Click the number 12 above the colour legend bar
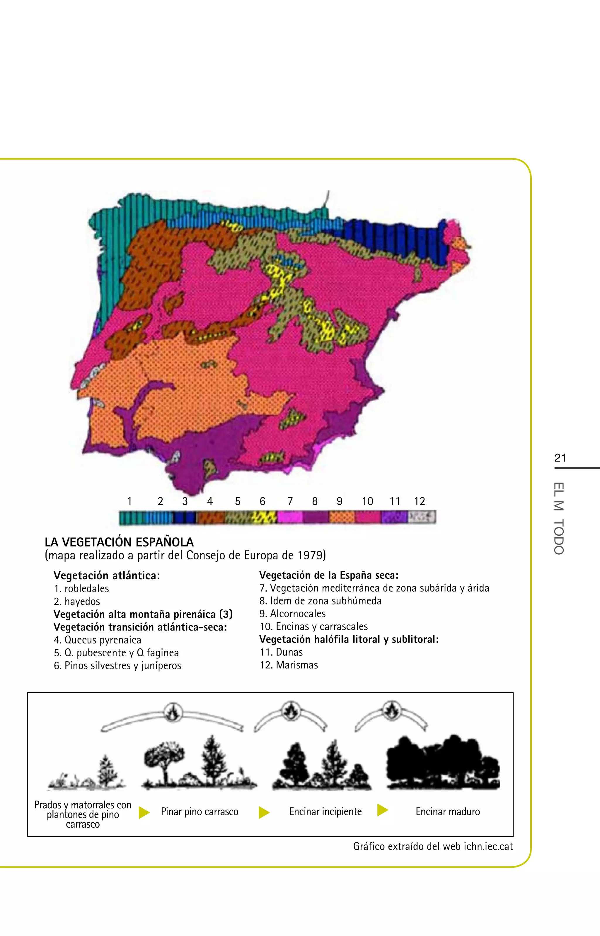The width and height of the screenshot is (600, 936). pyautogui.click(x=419, y=501)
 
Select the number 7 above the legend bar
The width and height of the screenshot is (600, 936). pyautogui.click(x=290, y=501)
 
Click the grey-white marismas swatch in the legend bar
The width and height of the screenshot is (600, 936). pyautogui.click(x=422, y=517)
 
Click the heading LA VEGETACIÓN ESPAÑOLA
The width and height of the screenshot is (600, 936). pyautogui.click(x=119, y=542)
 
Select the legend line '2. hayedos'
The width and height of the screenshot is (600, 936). pyautogui.click(x=77, y=602)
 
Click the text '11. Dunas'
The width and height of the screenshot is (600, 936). pyautogui.click(x=281, y=652)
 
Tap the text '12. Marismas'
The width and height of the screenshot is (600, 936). pyautogui.click(x=289, y=665)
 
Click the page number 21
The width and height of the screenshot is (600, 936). pyautogui.click(x=560, y=458)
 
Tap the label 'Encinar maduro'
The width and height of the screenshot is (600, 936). pyautogui.click(x=448, y=812)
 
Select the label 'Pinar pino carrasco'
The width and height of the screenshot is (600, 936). pyautogui.click(x=200, y=812)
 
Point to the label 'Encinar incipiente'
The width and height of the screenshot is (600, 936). pyautogui.click(x=325, y=812)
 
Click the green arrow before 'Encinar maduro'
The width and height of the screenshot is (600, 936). pyautogui.click(x=383, y=810)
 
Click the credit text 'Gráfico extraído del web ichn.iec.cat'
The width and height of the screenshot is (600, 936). pyautogui.click(x=433, y=846)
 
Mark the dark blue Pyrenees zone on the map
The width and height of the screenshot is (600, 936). pyautogui.click(x=393, y=238)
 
